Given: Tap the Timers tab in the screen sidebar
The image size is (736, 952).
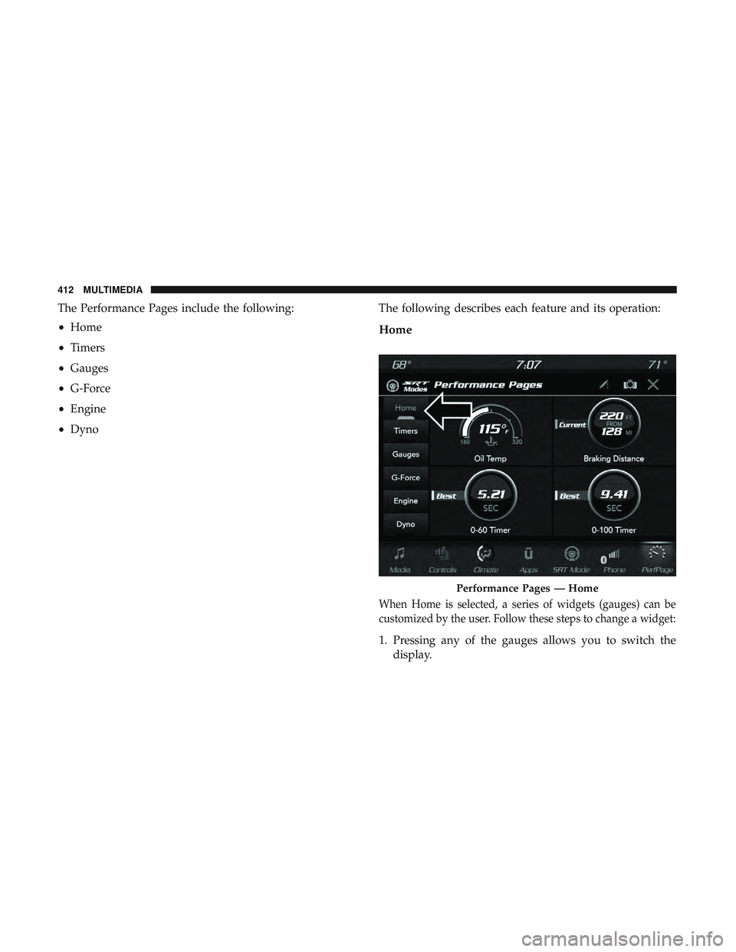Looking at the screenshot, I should pos(406,431).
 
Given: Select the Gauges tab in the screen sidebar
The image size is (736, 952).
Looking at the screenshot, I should pos(406,455).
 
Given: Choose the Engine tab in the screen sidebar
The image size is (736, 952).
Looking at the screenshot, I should pos(406,501).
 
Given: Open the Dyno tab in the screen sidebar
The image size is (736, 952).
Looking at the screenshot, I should pos(406,525).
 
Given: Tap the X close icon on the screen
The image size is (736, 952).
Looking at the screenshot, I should pos(653,385).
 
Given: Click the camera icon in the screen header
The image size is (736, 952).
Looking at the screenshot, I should pos(629,385).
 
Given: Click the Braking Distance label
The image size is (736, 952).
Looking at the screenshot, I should pos(613,459).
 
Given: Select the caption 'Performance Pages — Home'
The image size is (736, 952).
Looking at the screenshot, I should pos(527,589).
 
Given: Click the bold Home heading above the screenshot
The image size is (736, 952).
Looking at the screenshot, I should pos(395,330).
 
